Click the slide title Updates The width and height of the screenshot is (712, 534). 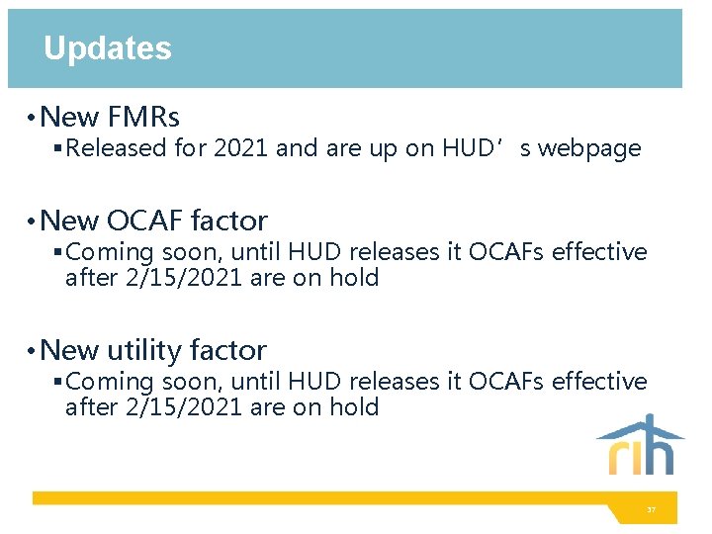point(107,48)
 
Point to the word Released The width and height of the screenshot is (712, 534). point(117,149)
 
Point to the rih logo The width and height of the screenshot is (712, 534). point(640,446)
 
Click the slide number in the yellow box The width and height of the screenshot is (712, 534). point(651,509)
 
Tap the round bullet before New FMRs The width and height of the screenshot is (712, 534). point(33,119)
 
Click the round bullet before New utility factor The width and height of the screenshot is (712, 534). point(33,351)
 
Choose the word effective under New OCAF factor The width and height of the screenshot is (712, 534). point(598,252)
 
